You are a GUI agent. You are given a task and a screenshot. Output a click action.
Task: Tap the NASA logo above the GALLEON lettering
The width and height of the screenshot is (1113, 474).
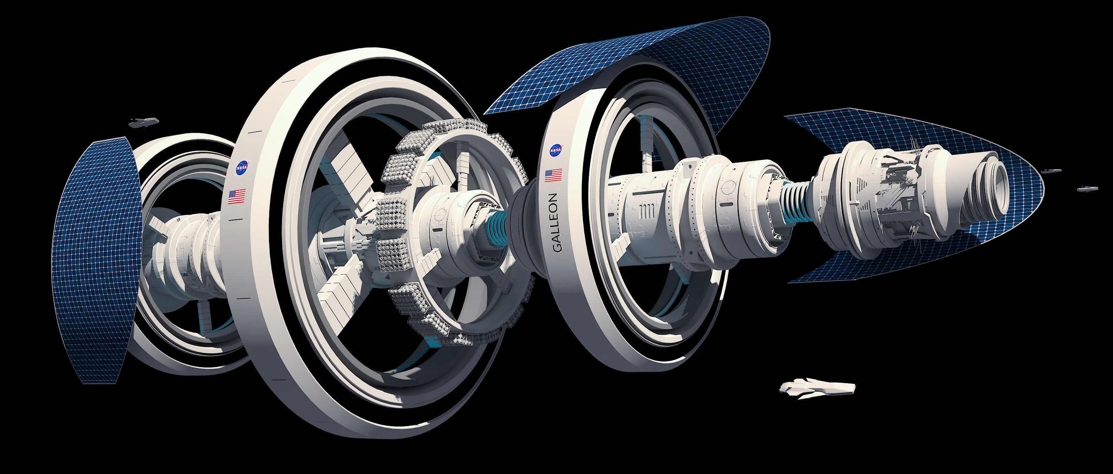point(556,150)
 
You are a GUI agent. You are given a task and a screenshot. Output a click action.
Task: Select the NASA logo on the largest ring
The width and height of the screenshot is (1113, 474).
point(242,168)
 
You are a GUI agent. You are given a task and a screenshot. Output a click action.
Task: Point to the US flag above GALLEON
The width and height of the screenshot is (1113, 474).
point(554,175)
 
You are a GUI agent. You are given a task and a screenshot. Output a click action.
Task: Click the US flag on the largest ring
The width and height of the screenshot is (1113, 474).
point(237,197)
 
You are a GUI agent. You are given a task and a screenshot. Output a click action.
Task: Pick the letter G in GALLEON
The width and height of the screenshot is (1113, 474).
point(556,247)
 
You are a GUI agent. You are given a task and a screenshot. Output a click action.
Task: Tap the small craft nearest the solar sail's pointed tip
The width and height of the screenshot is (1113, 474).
point(1051,171)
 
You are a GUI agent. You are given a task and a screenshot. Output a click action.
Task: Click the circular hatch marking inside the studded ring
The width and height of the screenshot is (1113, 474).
point(439,214)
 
